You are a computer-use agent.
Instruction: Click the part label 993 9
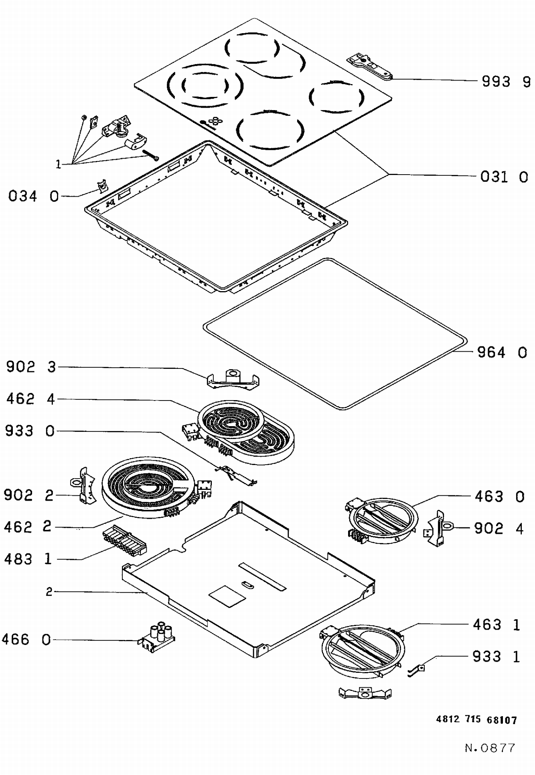506,82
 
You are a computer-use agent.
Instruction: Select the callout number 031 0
504,177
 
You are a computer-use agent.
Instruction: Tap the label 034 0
33,196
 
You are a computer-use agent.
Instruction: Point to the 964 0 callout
502,352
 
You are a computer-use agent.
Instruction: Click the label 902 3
31,367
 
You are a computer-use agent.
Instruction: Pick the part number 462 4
31,399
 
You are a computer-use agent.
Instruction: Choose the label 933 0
30,431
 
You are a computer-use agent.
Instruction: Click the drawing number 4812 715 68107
476,720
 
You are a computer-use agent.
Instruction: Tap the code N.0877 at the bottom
490,748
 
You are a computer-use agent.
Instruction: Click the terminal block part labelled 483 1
124,540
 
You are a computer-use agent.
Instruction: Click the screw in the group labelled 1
151,155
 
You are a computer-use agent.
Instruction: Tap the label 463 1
496,625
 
